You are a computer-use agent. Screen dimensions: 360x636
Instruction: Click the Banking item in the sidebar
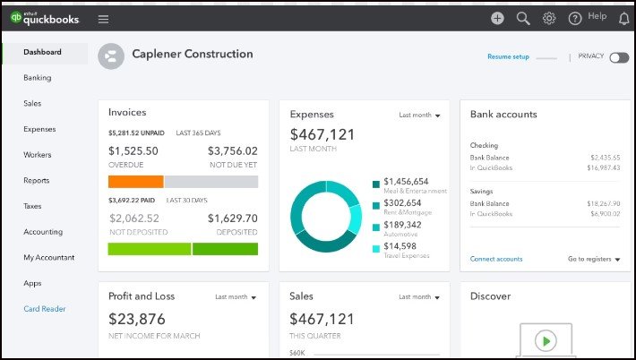[38, 78]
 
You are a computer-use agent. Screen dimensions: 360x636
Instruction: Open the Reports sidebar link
[37, 181]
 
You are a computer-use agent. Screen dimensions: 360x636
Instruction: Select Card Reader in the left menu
[45, 309]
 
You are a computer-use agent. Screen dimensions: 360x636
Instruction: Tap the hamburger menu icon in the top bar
[103, 18]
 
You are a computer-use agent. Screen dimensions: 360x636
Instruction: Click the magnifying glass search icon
[523, 18]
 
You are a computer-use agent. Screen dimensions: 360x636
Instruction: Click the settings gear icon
[549, 18]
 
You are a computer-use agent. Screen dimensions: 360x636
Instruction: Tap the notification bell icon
[623, 18]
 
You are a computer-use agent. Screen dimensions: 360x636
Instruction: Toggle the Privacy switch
[619, 57]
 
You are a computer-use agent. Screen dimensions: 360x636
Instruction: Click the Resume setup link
[508, 57]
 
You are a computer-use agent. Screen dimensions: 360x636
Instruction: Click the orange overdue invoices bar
[135, 181]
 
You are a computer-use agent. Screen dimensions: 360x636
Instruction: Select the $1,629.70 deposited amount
[232, 218]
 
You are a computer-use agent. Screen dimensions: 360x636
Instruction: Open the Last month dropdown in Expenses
[420, 115]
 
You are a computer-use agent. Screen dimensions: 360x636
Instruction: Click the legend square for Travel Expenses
[376, 247]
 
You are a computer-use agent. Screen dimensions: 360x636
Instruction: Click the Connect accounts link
[496, 259]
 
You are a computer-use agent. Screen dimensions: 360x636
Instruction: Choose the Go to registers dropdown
[594, 259]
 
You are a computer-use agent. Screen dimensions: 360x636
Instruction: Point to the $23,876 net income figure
[137, 319]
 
